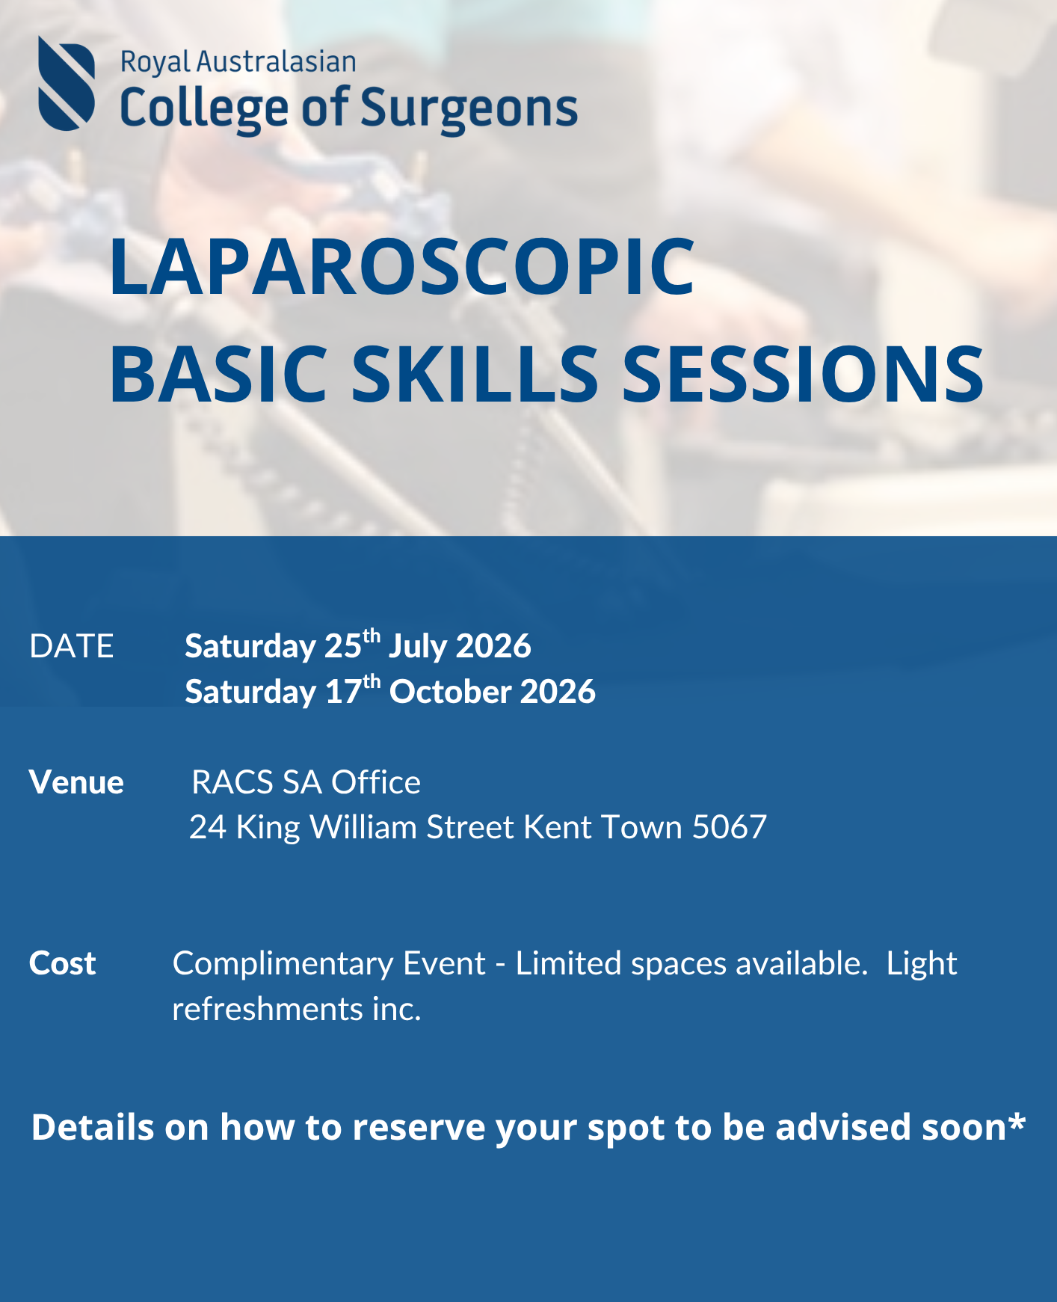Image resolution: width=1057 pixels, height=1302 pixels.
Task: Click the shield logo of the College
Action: point(67,84)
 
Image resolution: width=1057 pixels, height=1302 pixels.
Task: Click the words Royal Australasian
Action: point(238,61)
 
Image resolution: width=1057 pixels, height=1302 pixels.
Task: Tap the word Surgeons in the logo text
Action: point(469,108)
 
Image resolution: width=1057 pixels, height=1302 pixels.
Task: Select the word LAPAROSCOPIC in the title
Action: point(401,266)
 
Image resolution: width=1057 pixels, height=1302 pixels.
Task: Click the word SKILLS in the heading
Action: point(475,373)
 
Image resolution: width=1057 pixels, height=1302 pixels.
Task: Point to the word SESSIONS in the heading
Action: point(802,373)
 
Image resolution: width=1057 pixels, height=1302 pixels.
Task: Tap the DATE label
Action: point(72,646)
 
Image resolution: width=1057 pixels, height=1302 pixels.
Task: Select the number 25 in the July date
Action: point(342,646)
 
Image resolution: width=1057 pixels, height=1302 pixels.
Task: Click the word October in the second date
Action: point(449,692)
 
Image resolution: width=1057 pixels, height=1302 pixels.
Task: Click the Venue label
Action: point(76,782)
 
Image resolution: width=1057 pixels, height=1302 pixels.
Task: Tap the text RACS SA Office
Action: point(306,782)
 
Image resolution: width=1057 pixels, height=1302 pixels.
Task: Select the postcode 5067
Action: point(729,827)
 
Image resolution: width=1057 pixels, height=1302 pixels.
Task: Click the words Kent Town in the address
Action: point(603,827)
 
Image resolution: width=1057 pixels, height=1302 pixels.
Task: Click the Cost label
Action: point(63,963)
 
